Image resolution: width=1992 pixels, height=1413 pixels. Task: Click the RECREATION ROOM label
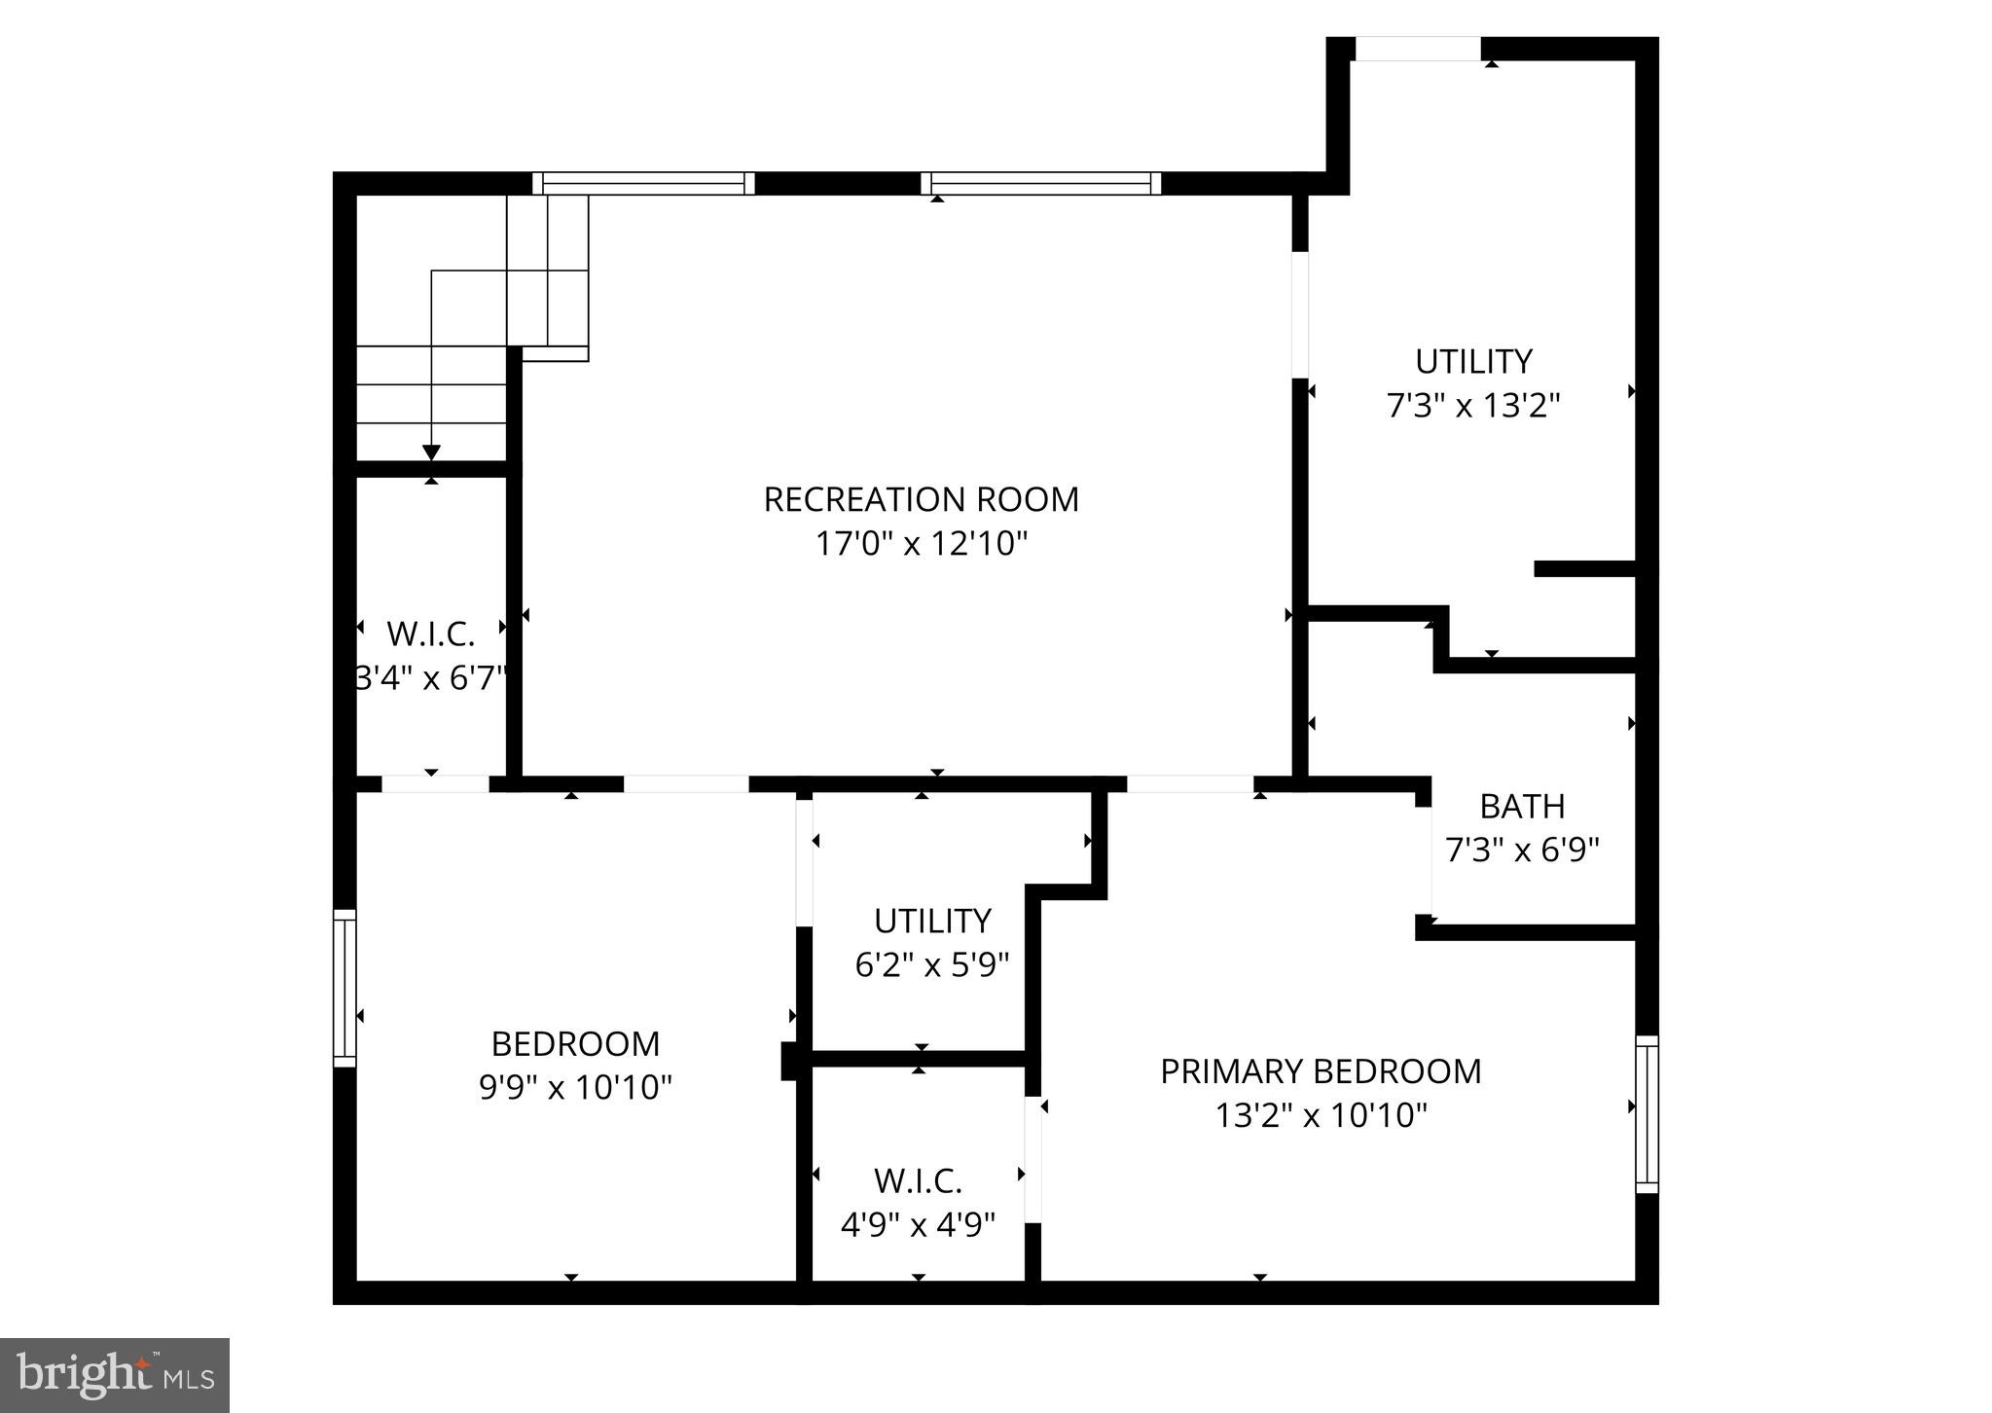click(921, 499)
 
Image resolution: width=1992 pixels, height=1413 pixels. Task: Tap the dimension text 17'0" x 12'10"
click(921, 543)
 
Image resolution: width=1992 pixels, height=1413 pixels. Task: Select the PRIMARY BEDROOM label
click(1321, 1070)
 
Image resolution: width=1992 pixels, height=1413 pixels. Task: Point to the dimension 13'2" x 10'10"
click(1321, 1114)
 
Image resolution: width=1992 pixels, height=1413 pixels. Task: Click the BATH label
click(1522, 806)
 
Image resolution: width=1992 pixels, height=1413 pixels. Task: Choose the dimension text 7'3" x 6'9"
click(1522, 850)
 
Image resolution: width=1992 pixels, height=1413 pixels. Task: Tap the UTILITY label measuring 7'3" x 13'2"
click(1473, 361)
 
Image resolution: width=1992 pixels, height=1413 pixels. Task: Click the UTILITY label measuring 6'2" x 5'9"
click(931, 921)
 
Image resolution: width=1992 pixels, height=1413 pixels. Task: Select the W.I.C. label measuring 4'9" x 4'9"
click(918, 1180)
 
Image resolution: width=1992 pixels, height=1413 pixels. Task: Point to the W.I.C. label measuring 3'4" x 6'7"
click(430, 634)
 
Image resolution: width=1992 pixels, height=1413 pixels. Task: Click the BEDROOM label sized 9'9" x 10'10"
click(575, 1043)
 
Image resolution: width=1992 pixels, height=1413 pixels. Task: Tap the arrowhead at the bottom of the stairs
click(431, 453)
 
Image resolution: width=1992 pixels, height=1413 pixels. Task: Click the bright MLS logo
click(115, 1375)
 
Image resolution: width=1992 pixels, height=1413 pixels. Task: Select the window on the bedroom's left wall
click(344, 988)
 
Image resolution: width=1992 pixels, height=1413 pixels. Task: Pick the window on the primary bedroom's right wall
click(1647, 1114)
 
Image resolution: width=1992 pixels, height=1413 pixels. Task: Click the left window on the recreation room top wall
click(643, 183)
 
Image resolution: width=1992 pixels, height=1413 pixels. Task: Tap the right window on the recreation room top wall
click(1040, 183)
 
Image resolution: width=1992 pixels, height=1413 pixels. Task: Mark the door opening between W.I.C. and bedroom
click(435, 783)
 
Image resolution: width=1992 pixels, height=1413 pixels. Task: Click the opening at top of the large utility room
click(1418, 49)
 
